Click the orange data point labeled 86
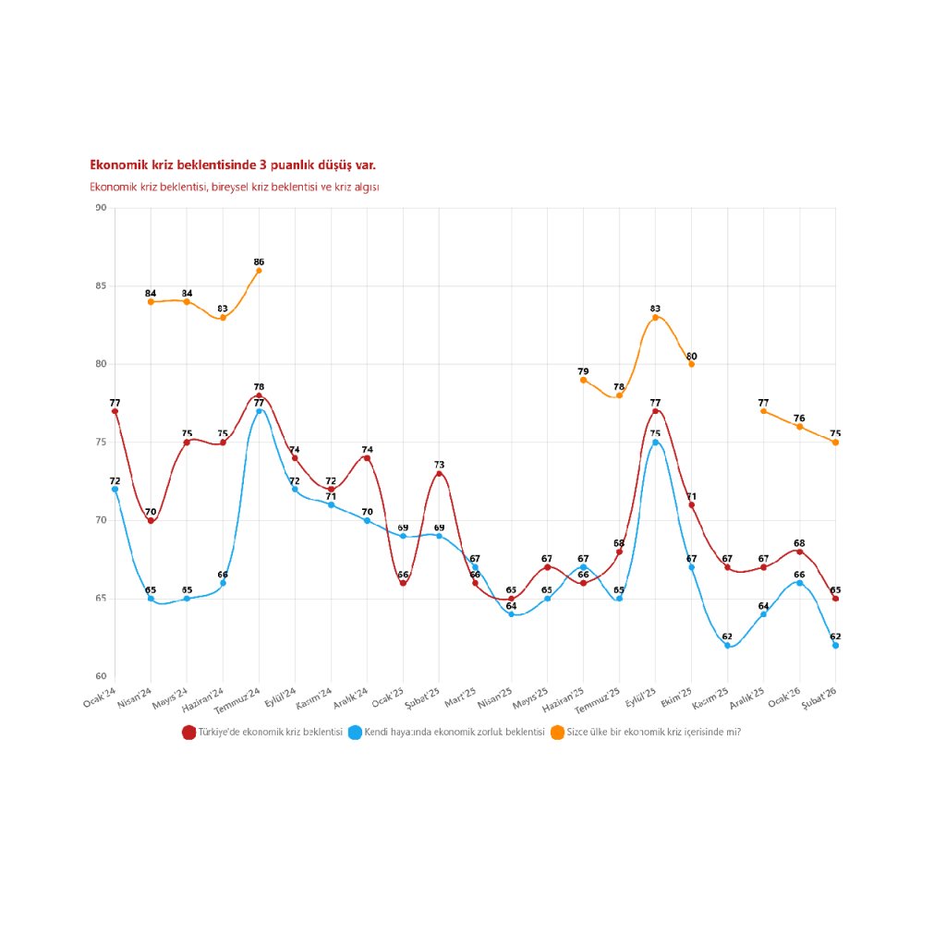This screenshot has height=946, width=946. pyautogui.click(x=259, y=271)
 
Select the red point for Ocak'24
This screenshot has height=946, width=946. pyautogui.click(x=115, y=411)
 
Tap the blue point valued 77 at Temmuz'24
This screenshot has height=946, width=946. pyautogui.click(x=259, y=411)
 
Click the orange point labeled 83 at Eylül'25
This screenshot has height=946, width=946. pyautogui.click(x=656, y=318)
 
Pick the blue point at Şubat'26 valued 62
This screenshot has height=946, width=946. pyautogui.click(x=836, y=646)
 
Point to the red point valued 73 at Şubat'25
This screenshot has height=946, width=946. pyautogui.click(x=439, y=474)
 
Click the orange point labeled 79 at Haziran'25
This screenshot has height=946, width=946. pyautogui.click(x=584, y=380)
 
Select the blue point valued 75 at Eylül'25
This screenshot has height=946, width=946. pyautogui.click(x=656, y=443)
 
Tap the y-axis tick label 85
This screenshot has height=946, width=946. pyautogui.click(x=99, y=286)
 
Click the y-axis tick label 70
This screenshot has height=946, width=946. pyautogui.click(x=99, y=520)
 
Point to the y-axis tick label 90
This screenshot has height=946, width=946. pyautogui.click(x=99, y=208)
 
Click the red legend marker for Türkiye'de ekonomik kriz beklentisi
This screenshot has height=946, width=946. pyautogui.click(x=189, y=732)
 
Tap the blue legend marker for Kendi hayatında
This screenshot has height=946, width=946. pyautogui.click(x=355, y=732)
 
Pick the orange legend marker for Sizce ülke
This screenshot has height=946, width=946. pyautogui.click(x=557, y=732)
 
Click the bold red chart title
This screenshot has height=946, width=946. pyautogui.click(x=232, y=165)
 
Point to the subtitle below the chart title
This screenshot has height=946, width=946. pyautogui.click(x=235, y=187)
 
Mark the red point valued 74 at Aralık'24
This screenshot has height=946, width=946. pyautogui.click(x=367, y=458)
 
